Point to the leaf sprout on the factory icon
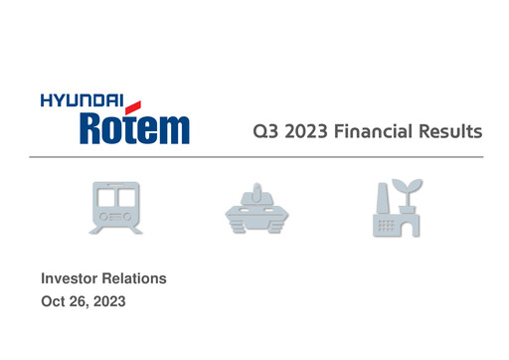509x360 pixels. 410,186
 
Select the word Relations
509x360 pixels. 133,278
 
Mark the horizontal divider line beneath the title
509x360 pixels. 254,157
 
